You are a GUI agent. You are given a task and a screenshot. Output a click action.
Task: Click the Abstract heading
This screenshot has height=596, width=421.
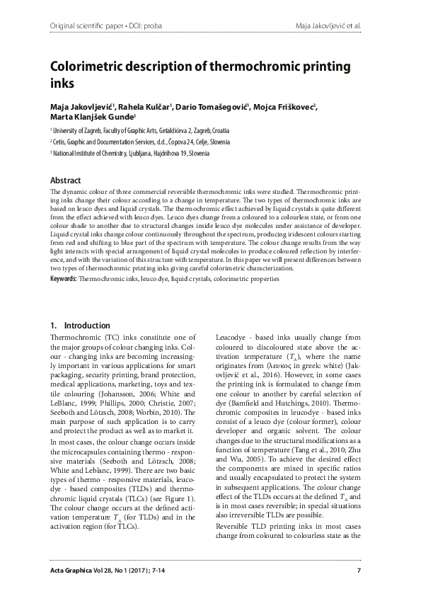pos(65,181)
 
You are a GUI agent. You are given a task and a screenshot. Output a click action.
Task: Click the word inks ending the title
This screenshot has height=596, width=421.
pos(62,84)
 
